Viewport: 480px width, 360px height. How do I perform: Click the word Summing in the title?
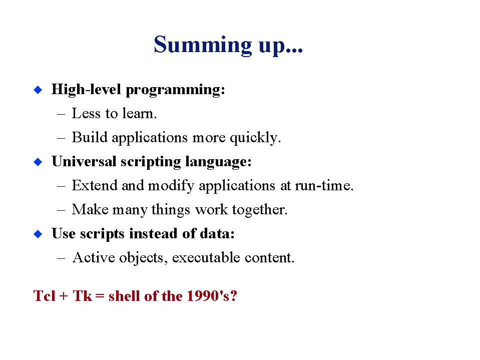pyautogui.click(x=203, y=45)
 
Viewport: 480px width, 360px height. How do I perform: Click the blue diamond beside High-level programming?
pyautogui.click(x=38, y=90)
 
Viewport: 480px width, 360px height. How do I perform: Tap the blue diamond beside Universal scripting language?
pyautogui.click(x=38, y=162)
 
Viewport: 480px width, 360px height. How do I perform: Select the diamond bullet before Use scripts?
pyautogui.click(x=38, y=234)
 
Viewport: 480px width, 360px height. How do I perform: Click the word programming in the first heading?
pyautogui.click(x=175, y=90)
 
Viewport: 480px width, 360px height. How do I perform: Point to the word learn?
pyautogui.click(x=140, y=113)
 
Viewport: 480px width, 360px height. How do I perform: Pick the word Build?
pyautogui.click(x=90, y=137)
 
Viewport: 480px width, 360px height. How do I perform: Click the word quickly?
pyautogui.click(x=255, y=138)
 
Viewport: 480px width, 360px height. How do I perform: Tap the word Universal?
pyautogui.click(x=84, y=161)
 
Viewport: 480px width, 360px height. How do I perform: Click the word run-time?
pyautogui.click(x=324, y=186)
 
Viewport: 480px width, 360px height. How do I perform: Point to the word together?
pyautogui.click(x=260, y=210)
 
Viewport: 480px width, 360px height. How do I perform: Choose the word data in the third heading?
pyautogui.click(x=217, y=233)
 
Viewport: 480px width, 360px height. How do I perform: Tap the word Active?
pyautogui.click(x=94, y=257)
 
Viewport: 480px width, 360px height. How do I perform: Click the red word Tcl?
pyautogui.click(x=45, y=296)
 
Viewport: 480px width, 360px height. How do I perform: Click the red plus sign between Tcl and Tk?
pyautogui.click(x=64, y=296)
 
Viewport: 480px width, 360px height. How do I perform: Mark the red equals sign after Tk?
pyautogui.click(x=100, y=296)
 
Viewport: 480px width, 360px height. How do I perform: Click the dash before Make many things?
pyautogui.click(x=61, y=210)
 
